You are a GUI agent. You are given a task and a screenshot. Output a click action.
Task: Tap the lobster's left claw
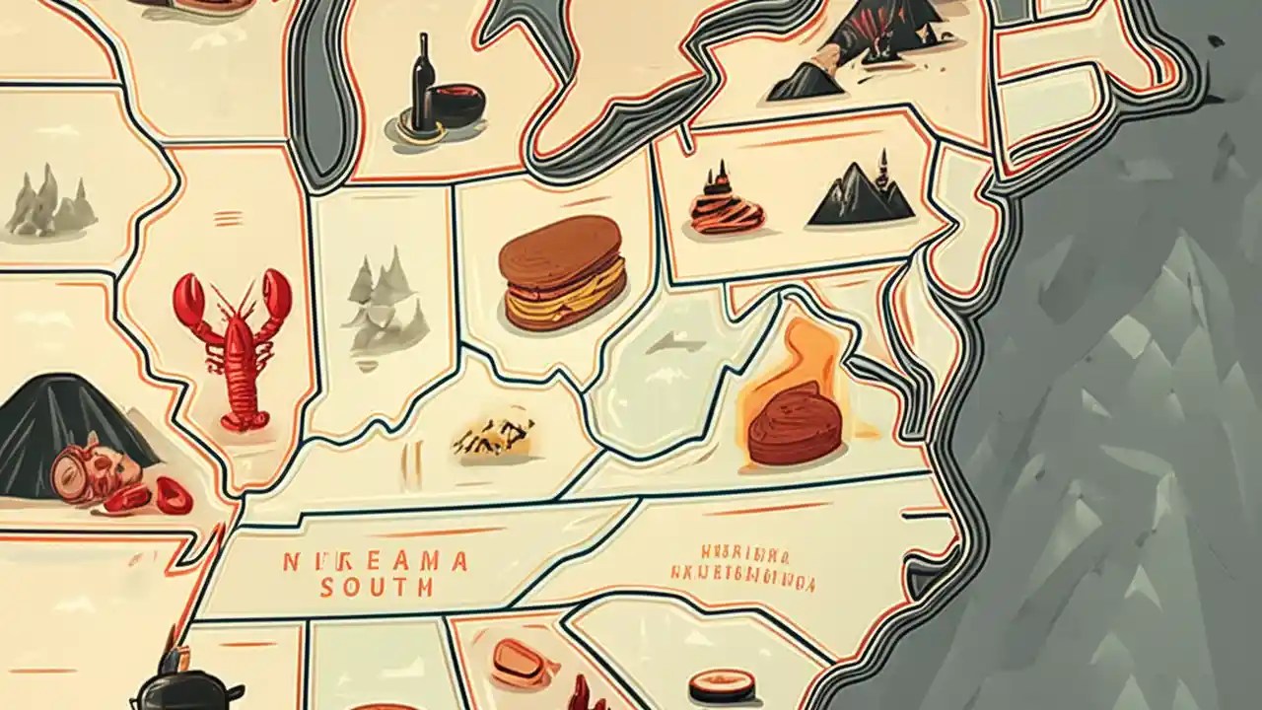(190, 302)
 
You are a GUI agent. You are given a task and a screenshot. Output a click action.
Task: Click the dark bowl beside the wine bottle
(457, 106)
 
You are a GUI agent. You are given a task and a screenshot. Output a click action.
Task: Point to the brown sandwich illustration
(562, 272)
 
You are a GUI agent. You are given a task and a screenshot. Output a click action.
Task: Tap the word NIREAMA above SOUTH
(376, 562)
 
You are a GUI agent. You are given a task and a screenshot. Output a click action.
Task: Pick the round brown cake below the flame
(795, 424)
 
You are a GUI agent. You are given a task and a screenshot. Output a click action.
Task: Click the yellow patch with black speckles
(493, 438)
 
